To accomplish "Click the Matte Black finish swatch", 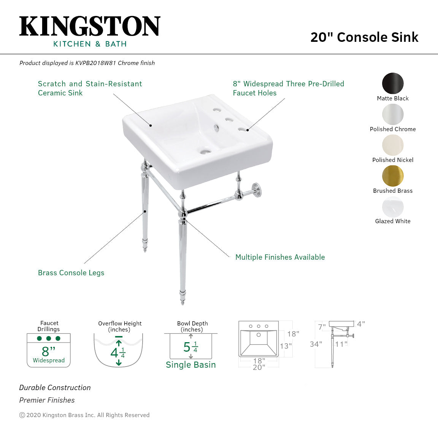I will tap(393, 83).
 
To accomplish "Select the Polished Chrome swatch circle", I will tap(393, 114).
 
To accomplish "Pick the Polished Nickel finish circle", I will tap(393, 145).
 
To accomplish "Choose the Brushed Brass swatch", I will tap(393, 176).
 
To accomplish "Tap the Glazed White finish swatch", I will tap(393, 207).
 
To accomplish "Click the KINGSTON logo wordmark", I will tap(90, 27).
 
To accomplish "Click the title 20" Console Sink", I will tap(364, 37).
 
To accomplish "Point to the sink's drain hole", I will tap(205, 152).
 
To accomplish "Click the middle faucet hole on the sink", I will tap(229, 120).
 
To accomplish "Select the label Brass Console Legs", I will tap(71, 273).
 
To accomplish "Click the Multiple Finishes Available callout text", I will tap(280, 257).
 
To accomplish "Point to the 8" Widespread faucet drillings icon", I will tap(49, 350).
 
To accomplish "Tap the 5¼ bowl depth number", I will tap(190, 347).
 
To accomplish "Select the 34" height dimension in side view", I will tap(316, 344).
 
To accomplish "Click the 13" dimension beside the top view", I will tap(286, 346).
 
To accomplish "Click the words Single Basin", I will tap(190, 365).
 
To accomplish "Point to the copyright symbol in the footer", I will tap(22, 415).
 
